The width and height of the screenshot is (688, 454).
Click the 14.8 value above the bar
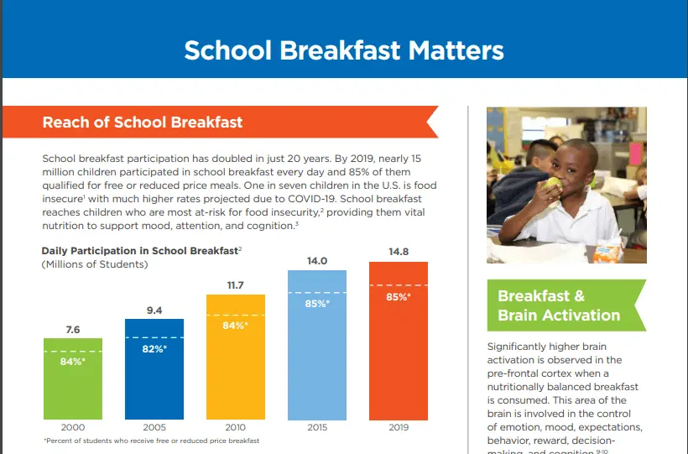(x=398, y=250)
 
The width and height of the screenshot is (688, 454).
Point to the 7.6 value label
(x=72, y=330)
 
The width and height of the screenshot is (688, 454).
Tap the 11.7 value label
(x=235, y=285)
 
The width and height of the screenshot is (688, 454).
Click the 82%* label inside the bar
(x=154, y=347)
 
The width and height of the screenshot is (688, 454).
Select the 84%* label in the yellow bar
(x=235, y=325)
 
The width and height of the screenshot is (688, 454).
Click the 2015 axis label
(x=316, y=427)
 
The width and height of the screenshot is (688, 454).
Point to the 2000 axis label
(x=72, y=427)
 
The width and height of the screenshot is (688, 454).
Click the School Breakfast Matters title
(x=344, y=50)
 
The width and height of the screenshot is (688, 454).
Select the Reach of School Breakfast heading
(x=143, y=122)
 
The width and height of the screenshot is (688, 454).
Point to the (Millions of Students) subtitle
(x=95, y=264)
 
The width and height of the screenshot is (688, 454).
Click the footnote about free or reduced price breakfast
(x=151, y=441)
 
